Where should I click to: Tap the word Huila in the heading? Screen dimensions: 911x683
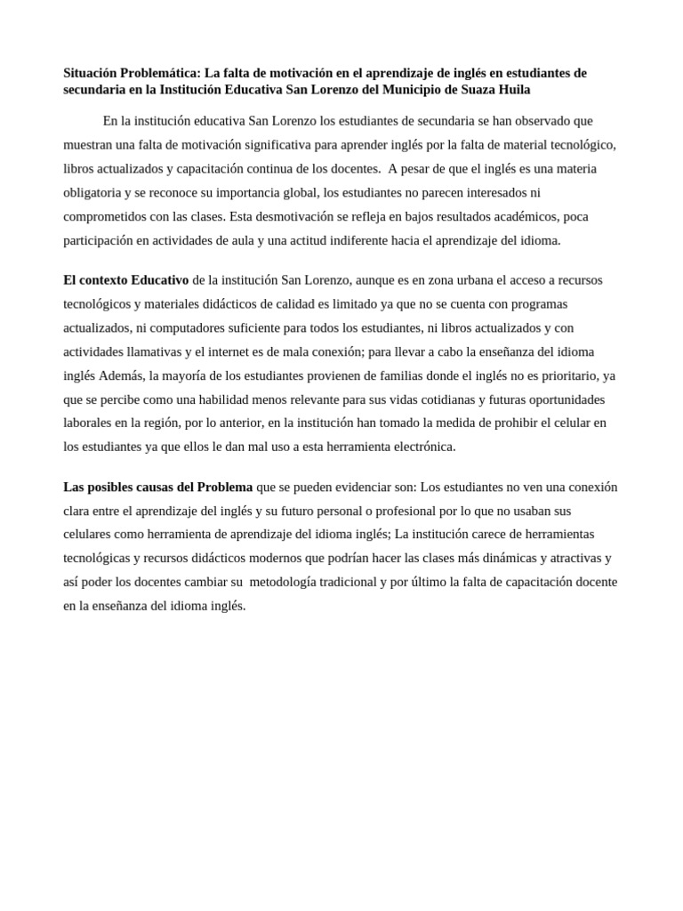click(511, 90)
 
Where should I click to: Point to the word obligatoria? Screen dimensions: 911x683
click(96, 192)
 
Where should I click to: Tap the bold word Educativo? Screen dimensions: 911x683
click(159, 280)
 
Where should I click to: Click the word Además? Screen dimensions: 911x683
click(121, 375)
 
